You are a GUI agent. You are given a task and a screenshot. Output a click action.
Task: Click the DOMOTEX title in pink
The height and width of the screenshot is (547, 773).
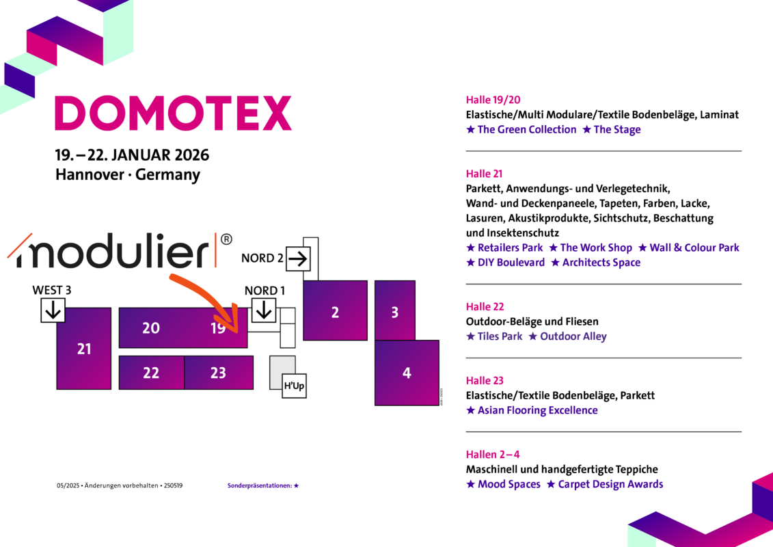pyautogui.click(x=173, y=114)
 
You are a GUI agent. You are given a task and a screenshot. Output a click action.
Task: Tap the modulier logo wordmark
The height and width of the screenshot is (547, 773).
pyautogui.click(x=113, y=252)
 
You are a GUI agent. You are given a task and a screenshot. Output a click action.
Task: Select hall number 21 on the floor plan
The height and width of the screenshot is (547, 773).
pyautogui.click(x=84, y=349)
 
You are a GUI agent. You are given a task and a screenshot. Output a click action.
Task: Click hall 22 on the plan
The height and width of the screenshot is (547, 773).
pyautogui.click(x=151, y=373)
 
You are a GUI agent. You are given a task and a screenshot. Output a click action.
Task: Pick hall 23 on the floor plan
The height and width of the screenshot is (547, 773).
pyautogui.click(x=218, y=373)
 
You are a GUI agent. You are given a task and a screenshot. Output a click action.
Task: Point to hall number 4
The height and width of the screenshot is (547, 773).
pyautogui.click(x=407, y=373)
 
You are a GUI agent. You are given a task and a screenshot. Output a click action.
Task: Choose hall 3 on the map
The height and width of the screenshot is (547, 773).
pyautogui.click(x=394, y=313)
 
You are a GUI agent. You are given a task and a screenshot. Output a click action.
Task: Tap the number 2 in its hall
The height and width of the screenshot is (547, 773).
pyautogui.click(x=335, y=313)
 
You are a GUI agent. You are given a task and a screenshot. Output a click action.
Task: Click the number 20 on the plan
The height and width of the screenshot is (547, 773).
pyautogui.click(x=151, y=328)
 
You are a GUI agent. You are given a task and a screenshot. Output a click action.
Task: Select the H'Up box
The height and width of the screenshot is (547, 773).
pyautogui.click(x=294, y=386)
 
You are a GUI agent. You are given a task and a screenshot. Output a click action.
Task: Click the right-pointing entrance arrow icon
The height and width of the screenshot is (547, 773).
pyautogui.click(x=298, y=258)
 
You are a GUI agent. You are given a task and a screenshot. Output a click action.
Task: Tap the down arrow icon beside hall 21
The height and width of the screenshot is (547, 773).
pyautogui.click(x=53, y=311)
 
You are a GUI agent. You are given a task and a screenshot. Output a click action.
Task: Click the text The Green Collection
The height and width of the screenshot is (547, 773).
pyautogui.click(x=526, y=129)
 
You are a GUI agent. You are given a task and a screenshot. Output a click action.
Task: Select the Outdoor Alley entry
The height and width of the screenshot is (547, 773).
pyautogui.click(x=573, y=336)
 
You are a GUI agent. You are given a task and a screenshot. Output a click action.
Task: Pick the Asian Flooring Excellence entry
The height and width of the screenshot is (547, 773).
pyautogui.click(x=537, y=410)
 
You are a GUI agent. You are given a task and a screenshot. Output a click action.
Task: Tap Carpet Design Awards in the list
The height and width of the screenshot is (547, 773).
pyautogui.click(x=610, y=484)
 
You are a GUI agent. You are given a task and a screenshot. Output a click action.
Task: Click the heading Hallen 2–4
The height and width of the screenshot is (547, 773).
pyautogui.click(x=493, y=455)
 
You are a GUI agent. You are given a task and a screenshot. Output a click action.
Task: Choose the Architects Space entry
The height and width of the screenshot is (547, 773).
pyautogui.click(x=601, y=263)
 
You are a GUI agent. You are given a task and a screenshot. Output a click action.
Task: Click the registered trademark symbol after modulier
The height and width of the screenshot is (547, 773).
pyautogui.click(x=227, y=239)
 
